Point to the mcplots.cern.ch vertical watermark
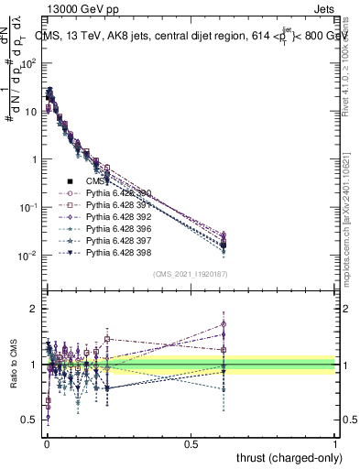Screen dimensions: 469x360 [349, 220]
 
